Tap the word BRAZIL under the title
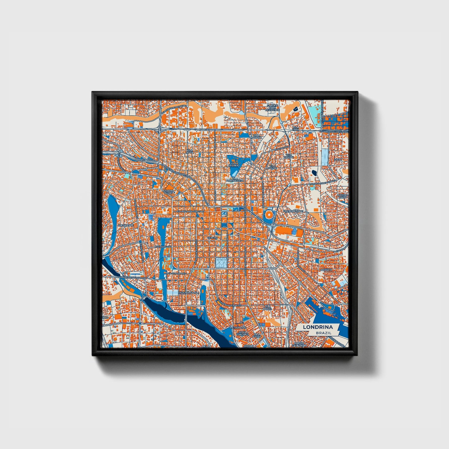pos(323,333)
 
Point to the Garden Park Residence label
pos(272,108)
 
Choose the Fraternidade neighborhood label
pos(293,211)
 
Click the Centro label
pos(212,238)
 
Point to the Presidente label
pos(126,225)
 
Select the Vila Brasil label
pos(268,308)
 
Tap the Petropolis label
pos(238,328)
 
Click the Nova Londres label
pos(243,333)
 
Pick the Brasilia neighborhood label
pos(327,270)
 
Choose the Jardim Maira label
pos(343,196)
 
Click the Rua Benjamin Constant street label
pos(190,211)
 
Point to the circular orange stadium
pos(268,214)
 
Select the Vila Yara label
pos(296,128)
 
